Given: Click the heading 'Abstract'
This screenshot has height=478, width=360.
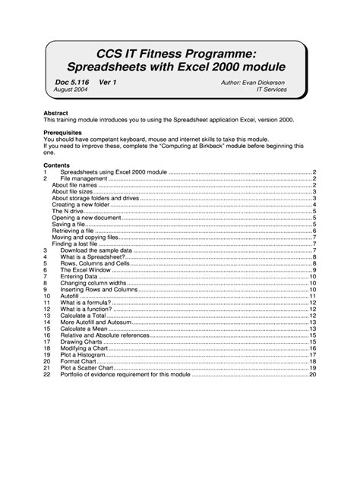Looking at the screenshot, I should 56,114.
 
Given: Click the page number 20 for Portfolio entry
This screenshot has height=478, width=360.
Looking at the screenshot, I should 312,374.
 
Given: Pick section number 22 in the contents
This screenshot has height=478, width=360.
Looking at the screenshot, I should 46,374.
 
